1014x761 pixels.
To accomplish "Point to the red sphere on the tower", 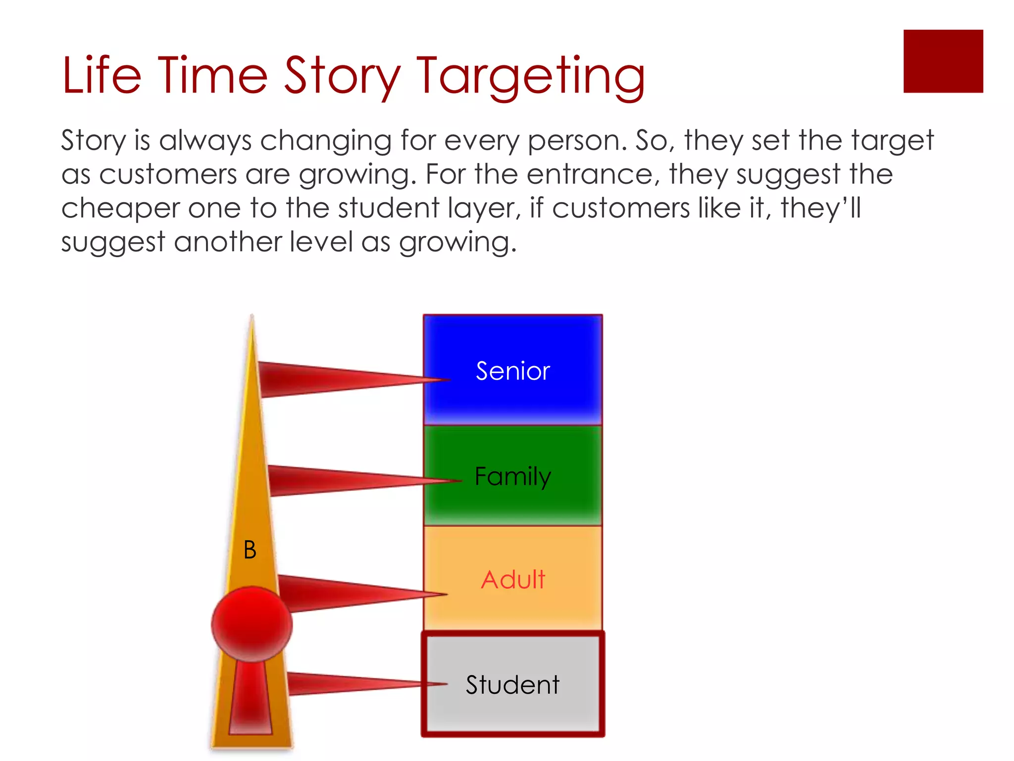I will (x=252, y=624).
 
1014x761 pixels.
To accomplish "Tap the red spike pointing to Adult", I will (x=347, y=593).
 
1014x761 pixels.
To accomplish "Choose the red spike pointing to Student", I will (x=347, y=684).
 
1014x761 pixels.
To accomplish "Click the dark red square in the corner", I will (x=943, y=61).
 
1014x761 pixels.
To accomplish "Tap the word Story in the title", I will (x=342, y=77).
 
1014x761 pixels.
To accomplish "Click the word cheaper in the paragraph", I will (x=120, y=209).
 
